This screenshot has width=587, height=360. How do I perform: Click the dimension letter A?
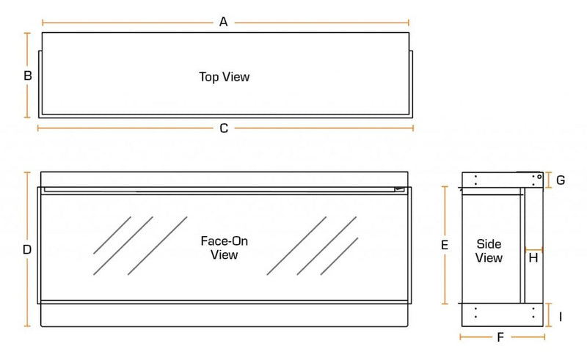224,22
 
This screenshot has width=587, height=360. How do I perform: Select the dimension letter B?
27,76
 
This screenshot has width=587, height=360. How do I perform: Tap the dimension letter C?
224,128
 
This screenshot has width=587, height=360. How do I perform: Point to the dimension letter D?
27,249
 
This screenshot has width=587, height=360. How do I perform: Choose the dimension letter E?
445,246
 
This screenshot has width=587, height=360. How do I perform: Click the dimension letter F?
500,337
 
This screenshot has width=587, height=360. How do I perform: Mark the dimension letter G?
560,180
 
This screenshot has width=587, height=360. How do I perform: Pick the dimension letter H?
533,258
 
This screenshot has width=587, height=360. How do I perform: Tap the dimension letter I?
560,317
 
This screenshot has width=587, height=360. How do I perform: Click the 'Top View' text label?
224,76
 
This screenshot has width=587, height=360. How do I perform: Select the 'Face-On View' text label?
224,248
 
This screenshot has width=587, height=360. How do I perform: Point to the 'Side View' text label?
489,251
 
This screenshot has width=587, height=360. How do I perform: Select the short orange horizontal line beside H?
533,249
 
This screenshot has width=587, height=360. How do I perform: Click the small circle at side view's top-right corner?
539,176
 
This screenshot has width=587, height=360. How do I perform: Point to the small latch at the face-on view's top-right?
399,189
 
